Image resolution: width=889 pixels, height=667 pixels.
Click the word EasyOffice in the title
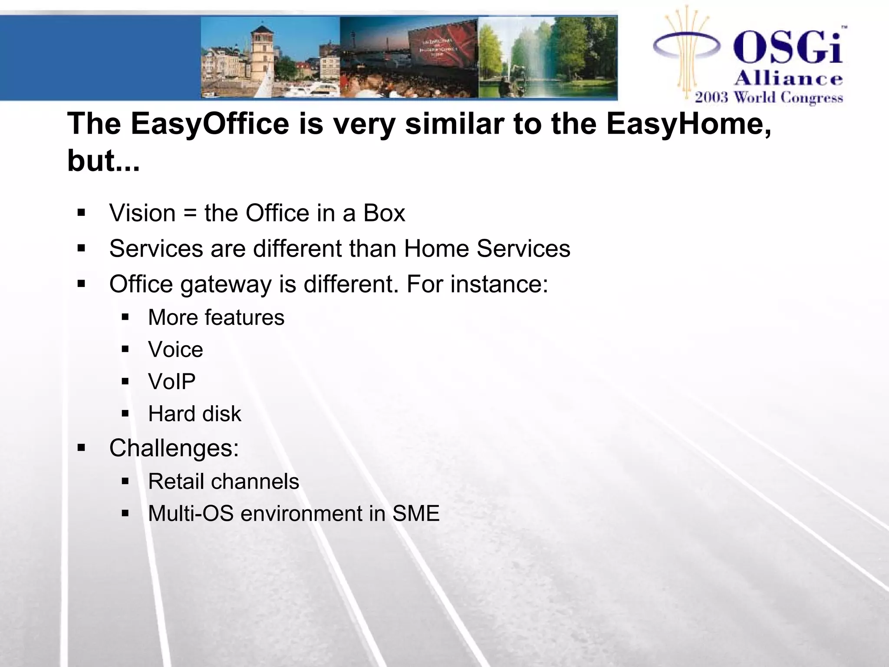(210, 124)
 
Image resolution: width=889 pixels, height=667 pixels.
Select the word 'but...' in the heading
(103, 161)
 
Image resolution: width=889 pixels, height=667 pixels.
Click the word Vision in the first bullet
(142, 213)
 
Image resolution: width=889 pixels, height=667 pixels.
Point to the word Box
(384, 213)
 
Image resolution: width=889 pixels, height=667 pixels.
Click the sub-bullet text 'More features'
(216, 317)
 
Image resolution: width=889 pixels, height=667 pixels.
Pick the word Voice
(175, 350)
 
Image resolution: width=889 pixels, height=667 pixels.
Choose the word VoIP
(172, 382)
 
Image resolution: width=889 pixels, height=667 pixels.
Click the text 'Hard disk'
(194, 414)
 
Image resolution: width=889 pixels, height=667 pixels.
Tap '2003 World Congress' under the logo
(768, 97)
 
